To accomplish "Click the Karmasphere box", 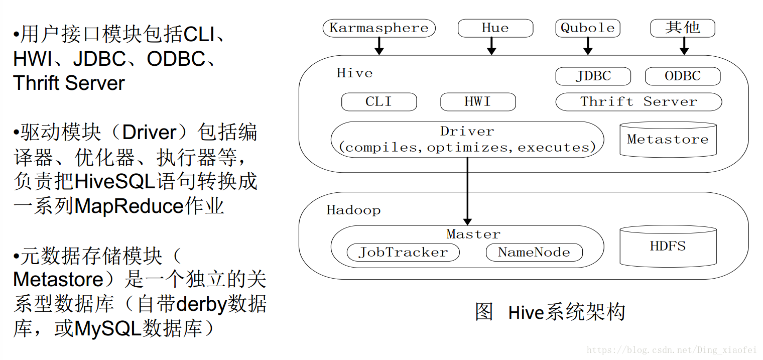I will click(379, 28).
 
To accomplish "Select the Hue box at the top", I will click(495, 28).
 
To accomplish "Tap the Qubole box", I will click(587, 28).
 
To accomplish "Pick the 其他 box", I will click(683, 28).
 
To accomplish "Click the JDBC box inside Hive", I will click(593, 76).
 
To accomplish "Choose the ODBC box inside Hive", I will click(682, 76).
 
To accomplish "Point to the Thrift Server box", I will click(639, 102).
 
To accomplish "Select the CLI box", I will click(378, 102).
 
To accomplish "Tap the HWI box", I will click(477, 102).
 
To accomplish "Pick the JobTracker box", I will click(403, 252).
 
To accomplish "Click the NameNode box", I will click(534, 252).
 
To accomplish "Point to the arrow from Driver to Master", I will click(467, 191).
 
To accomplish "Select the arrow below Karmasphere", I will click(379, 46).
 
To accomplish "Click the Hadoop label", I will click(353, 210).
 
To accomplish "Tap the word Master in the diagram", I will click(473, 234).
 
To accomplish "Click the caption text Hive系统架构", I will click(567, 312).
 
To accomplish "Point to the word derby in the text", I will click(201, 304).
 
